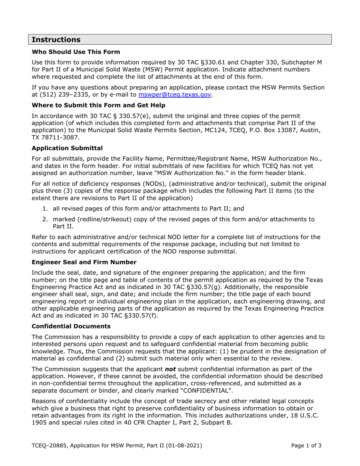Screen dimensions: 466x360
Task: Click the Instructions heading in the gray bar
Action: (x=56, y=40)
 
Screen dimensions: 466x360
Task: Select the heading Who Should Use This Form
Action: (x=76, y=52)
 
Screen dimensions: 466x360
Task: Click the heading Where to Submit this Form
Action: (x=99, y=105)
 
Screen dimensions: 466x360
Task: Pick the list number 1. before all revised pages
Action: (x=45, y=208)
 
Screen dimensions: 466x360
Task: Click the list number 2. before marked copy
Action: (x=45, y=219)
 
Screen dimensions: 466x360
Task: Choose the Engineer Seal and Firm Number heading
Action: (x=84, y=262)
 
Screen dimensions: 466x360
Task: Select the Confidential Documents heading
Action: (x=71, y=326)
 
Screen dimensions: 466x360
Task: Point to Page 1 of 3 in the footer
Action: (x=306, y=446)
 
